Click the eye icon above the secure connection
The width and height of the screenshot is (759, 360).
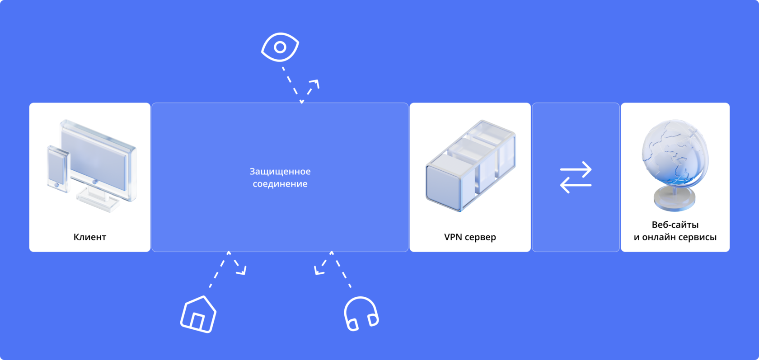coord(280,47)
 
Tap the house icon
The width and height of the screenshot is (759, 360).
coord(198,314)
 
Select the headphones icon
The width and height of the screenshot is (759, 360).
coord(361,313)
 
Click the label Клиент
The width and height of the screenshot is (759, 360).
coord(90,237)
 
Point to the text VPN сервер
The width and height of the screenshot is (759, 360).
coord(470,237)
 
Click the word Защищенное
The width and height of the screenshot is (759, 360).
coord(280,172)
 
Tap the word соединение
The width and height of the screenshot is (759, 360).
coord(280,184)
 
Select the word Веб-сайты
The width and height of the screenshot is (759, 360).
coord(675,225)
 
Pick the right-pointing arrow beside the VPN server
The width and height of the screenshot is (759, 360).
coord(576,170)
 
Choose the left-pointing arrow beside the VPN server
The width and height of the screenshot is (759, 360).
coord(576,185)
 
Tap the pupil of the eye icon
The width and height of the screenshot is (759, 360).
coord(280,47)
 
